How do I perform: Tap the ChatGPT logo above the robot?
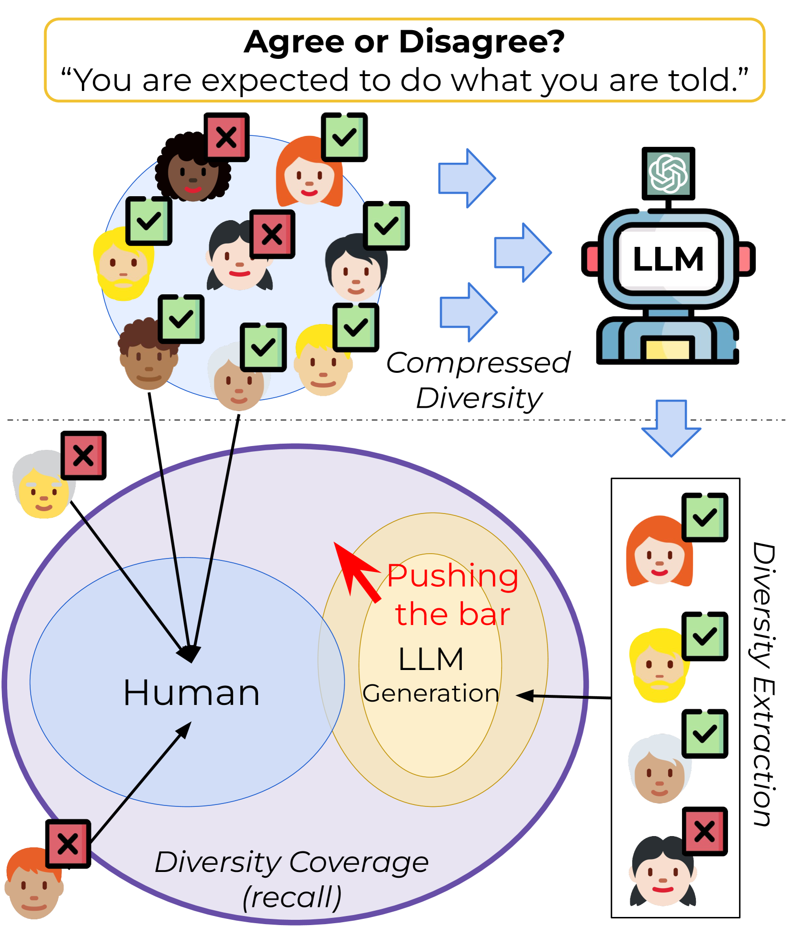pyautogui.click(x=668, y=173)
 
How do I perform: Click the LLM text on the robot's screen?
pyautogui.click(x=668, y=259)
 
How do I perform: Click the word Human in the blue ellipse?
pyautogui.click(x=191, y=692)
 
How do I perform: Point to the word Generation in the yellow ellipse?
pyautogui.click(x=431, y=693)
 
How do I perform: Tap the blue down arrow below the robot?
pyautogui.click(x=671, y=427)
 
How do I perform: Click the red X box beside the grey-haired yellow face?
pyautogui.click(x=83, y=455)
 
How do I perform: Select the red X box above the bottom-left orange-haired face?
pyautogui.click(x=68, y=843)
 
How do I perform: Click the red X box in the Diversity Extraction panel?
pyautogui.click(x=705, y=831)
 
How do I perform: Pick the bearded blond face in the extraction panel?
pyautogui.click(x=658, y=666)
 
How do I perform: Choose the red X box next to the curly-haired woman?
pyautogui.click(x=227, y=137)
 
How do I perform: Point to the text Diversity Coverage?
pyautogui.click(x=291, y=862)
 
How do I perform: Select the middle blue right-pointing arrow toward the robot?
pyautogui.click(x=522, y=252)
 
